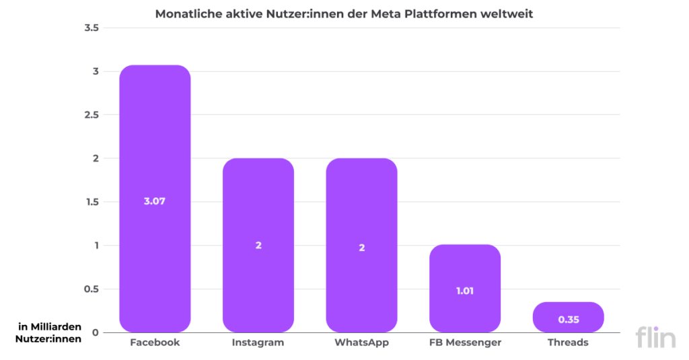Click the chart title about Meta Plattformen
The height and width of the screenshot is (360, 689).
coord(344,13)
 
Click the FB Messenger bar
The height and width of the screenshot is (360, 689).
coord(465,269)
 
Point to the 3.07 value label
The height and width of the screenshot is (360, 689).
coord(155,201)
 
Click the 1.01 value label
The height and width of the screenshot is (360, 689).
coord(465,291)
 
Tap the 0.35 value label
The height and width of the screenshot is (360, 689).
coord(569,320)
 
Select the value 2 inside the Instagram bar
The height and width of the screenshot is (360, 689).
coord(258,246)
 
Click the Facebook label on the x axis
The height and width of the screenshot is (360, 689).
coord(155,343)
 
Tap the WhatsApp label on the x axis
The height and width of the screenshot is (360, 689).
coord(362,343)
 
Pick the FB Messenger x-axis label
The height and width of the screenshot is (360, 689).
coord(465,343)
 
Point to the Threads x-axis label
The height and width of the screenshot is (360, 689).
coord(569,343)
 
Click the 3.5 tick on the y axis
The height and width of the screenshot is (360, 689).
coord(91,28)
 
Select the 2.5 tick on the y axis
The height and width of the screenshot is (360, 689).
coord(91,115)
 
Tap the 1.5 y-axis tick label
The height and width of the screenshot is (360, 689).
coord(91,202)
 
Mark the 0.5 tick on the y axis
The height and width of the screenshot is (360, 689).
coord(91,289)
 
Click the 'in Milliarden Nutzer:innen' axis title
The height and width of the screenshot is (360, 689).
coord(49,332)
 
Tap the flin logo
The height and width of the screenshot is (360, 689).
coord(655,336)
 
